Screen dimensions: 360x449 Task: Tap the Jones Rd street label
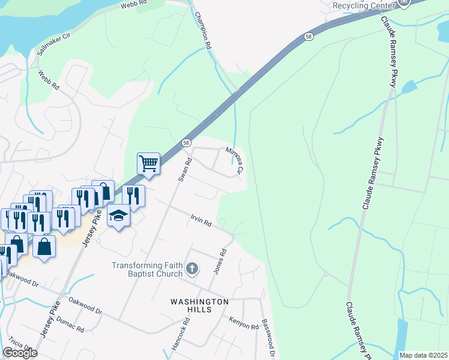click(x=220, y=261)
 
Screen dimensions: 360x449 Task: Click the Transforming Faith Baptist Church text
click(x=147, y=269)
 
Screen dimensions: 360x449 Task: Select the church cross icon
click(x=192, y=268)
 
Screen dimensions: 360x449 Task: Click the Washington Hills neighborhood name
click(x=200, y=305)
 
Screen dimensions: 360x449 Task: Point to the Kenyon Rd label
click(x=243, y=323)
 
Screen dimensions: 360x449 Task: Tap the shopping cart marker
click(x=148, y=163)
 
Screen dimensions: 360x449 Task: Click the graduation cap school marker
click(x=119, y=215)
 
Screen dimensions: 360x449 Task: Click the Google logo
click(x=20, y=353)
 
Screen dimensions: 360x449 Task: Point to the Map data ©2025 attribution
click(x=423, y=355)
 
